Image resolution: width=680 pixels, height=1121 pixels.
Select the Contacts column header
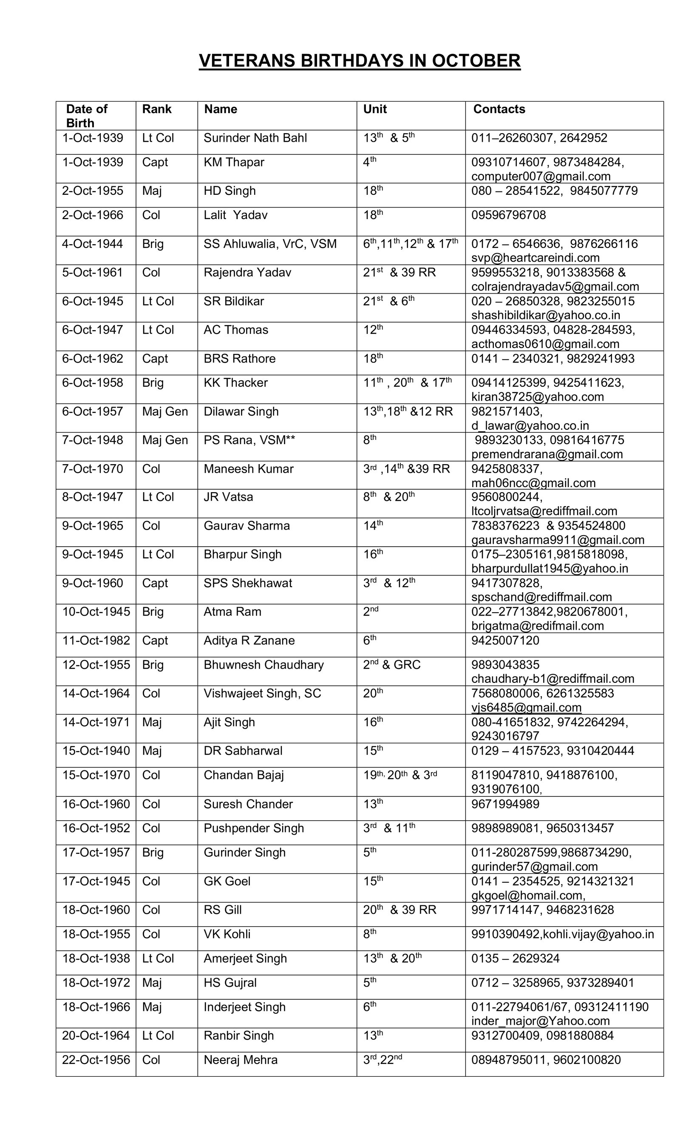tap(499, 109)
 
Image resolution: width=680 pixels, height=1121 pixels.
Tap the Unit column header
tap(374, 109)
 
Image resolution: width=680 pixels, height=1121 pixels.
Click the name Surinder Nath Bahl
tap(255, 138)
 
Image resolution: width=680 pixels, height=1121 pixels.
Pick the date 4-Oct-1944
tap(92, 244)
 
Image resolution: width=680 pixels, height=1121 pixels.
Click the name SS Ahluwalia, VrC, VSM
tap(270, 244)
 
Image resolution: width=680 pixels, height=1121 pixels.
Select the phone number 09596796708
tap(508, 215)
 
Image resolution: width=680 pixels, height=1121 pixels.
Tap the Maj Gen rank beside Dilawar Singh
tap(164, 412)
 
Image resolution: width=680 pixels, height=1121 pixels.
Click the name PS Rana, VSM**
tap(249, 440)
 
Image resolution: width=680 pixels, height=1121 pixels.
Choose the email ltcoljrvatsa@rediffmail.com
tap(544, 511)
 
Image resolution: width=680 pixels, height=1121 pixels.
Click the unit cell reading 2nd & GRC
tap(391, 665)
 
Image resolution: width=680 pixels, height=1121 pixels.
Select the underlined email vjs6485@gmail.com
tap(526, 707)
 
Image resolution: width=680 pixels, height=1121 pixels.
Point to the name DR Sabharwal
tap(243, 751)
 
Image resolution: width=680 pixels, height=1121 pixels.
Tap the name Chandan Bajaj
tap(244, 775)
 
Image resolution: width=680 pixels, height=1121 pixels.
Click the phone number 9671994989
tap(505, 804)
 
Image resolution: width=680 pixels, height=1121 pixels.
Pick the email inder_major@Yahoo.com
tap(540, 1021)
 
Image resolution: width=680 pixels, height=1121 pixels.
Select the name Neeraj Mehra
tap(240, 1060)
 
